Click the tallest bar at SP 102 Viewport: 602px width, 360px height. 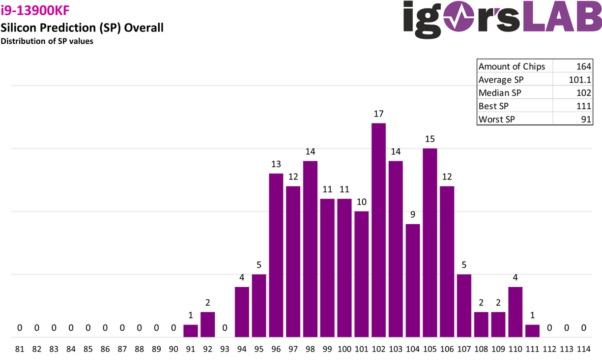tap(378, 230)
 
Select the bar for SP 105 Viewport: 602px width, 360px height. tap(430, 242)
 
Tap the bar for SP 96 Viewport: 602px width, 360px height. tap(276, 255)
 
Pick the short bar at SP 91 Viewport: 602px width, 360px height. tap(191, 331)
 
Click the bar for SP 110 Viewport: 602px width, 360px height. tap(515, 312)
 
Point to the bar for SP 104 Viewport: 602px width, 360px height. tap(413, 280)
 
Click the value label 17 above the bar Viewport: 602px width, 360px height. tap(378, 114)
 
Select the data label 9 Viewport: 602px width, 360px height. tap(413, 214)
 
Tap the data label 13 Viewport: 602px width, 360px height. tap(276, 164)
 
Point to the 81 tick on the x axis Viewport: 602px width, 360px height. tap(20, 349)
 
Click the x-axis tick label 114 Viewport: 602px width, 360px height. tap(583, 349)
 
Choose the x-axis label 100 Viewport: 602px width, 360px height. tap(344, 349)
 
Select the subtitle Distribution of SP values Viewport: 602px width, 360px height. tap(47, 41)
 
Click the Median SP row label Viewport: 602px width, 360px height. tap(500, 93)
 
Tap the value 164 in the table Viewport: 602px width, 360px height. tap(585, 66)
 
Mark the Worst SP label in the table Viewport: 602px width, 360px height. tap(497, 120)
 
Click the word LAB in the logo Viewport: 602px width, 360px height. tap(561, 20)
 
